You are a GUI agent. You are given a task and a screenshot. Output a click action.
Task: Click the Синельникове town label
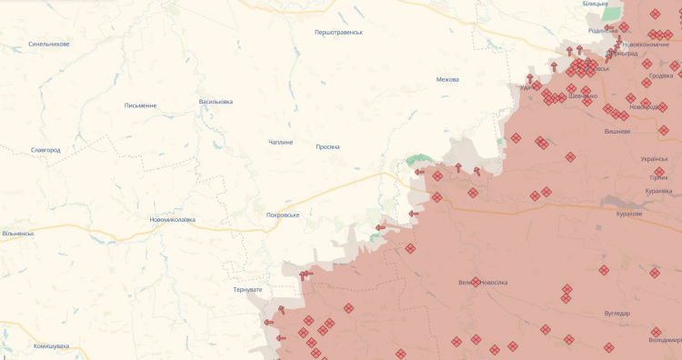(49, 44)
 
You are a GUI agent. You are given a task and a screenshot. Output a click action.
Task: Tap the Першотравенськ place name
(338, 32)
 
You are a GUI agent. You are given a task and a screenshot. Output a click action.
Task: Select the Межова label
(447, 79)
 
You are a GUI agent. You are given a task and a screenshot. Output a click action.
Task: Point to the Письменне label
(140, 105)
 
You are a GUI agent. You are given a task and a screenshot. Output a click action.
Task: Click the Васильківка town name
(216, 101)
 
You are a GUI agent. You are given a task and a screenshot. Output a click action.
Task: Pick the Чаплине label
(281, 142)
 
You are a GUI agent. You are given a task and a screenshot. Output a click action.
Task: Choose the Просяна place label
(327, 146)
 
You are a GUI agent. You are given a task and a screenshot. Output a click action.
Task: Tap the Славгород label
(45, 149)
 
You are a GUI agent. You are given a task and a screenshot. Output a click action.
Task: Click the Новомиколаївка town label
(172, 219)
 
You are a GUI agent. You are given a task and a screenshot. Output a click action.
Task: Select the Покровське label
(282, 215)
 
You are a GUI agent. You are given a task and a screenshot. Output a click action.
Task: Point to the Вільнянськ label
(18, 234)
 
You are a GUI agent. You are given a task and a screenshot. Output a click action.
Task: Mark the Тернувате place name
(247, 289)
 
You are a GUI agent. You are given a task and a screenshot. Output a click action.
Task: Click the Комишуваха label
(51, 345)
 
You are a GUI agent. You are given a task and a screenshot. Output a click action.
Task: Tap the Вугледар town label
(617, 313)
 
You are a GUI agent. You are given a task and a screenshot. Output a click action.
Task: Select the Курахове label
(628, 214)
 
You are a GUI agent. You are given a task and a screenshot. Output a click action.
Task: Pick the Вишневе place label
(617, 131)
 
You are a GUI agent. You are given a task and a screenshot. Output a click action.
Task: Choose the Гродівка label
(660, 75)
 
